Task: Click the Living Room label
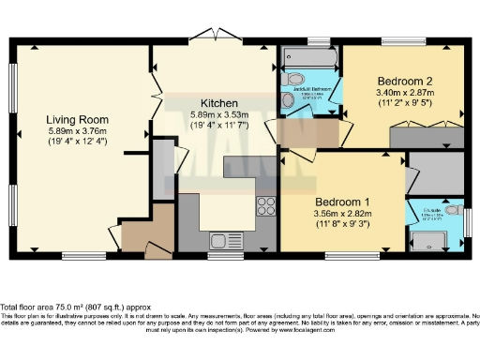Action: tap(79, 120)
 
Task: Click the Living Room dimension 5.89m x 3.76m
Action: tap(79, 132)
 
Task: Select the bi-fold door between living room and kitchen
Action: tap(156, 94)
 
